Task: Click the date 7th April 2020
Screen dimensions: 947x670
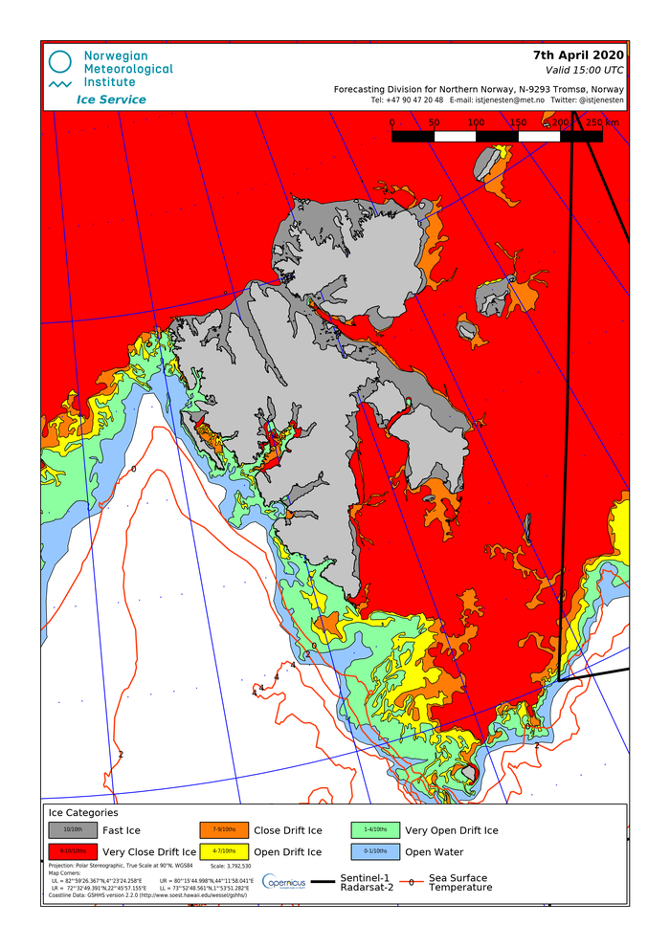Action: point(578,54)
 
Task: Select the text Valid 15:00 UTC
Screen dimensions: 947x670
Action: point(584,70)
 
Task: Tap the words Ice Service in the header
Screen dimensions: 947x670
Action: point(111,99)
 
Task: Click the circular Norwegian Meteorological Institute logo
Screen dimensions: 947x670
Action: point(60,63)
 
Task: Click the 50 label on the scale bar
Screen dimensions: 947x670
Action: point(434,122)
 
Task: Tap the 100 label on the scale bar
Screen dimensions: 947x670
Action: point(476,122)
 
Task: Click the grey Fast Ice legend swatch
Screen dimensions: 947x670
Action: point(73,829)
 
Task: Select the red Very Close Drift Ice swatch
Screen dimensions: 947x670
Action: point(73,851)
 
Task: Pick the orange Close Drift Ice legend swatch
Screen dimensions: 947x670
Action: point(224,829)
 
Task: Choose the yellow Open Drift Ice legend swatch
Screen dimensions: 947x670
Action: point(224,851)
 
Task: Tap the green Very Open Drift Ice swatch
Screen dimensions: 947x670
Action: point(375,829)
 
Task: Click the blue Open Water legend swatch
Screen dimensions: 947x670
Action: point(375,851)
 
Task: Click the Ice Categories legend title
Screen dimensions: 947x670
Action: point(83,812)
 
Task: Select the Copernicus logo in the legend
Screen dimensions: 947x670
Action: point(284,882)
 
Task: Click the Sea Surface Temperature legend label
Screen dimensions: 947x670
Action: point(458,882)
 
